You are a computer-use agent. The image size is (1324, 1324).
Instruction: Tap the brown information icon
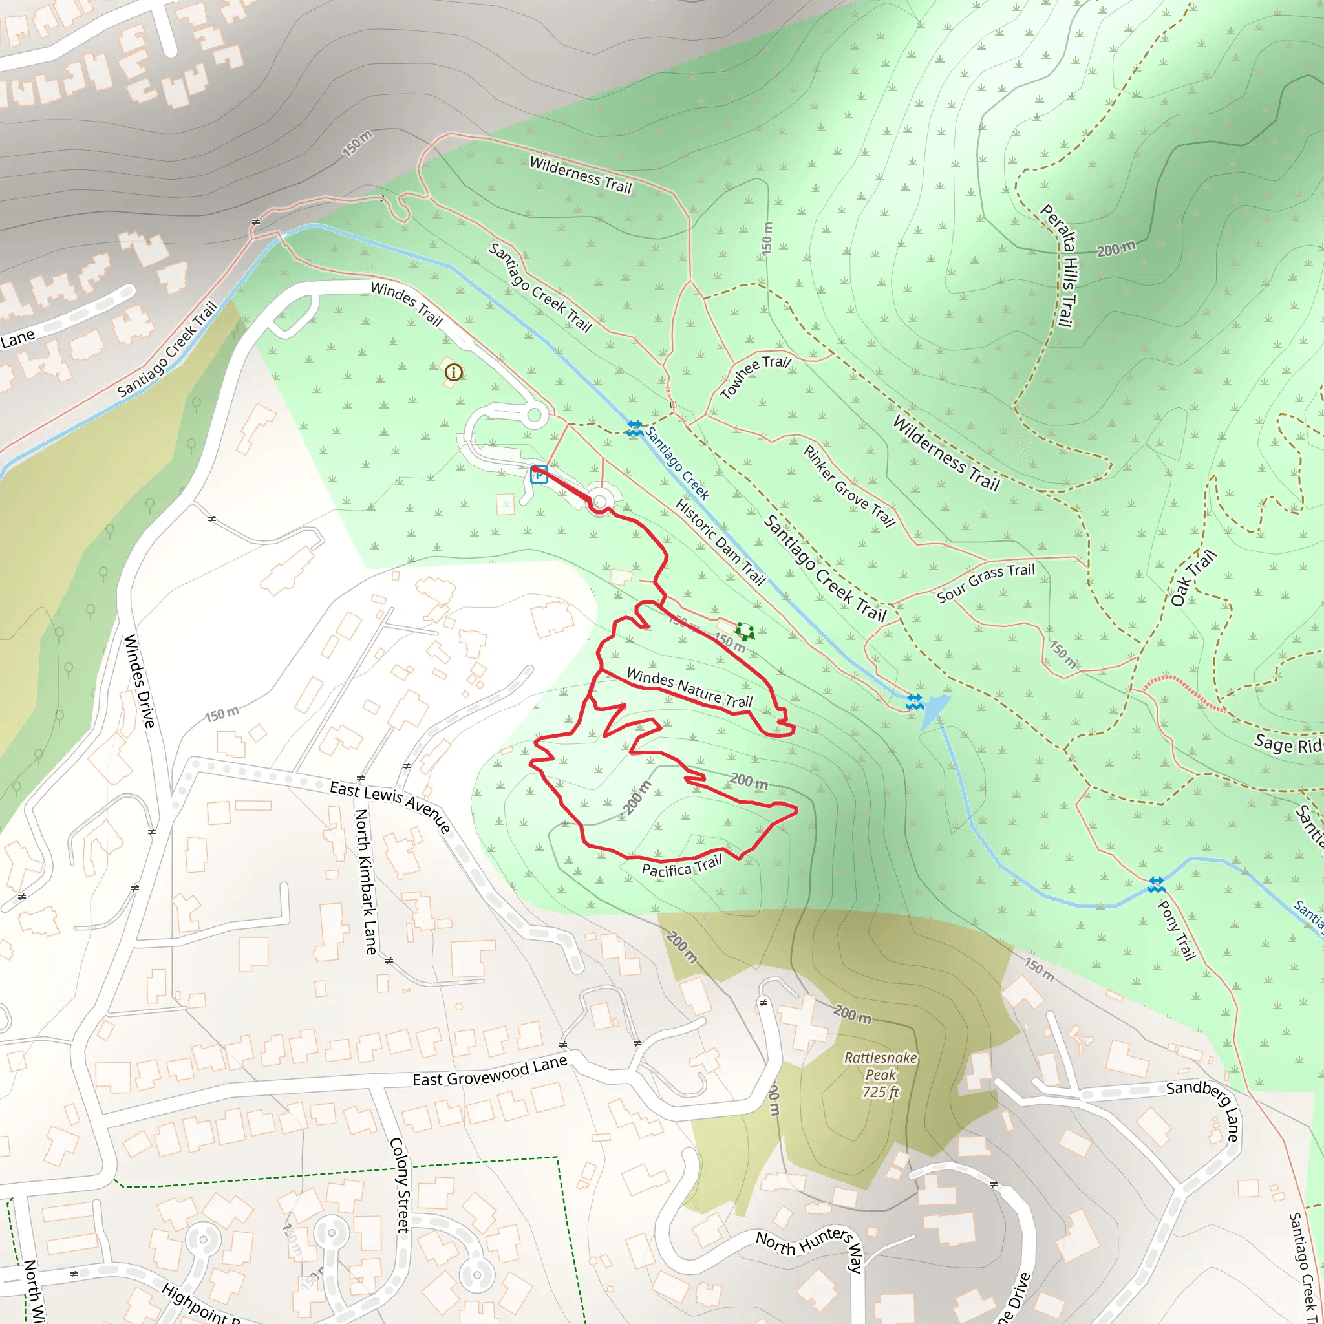453,372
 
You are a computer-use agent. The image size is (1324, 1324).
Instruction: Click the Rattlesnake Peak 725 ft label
881,1074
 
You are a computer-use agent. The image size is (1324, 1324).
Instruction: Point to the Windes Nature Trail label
689,687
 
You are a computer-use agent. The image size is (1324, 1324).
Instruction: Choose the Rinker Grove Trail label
848,486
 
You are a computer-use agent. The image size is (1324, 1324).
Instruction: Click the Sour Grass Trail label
985,582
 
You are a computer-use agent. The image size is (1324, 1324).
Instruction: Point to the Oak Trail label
1193,578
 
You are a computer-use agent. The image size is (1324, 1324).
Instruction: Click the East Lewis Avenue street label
390,806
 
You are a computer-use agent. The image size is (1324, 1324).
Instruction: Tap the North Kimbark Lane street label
365,881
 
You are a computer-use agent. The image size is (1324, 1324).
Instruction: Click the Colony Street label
400,1185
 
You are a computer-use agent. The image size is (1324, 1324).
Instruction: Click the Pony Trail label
1177,929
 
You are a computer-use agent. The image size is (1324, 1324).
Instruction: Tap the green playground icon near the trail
744,631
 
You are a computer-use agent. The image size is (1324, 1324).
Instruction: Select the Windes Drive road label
139,681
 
